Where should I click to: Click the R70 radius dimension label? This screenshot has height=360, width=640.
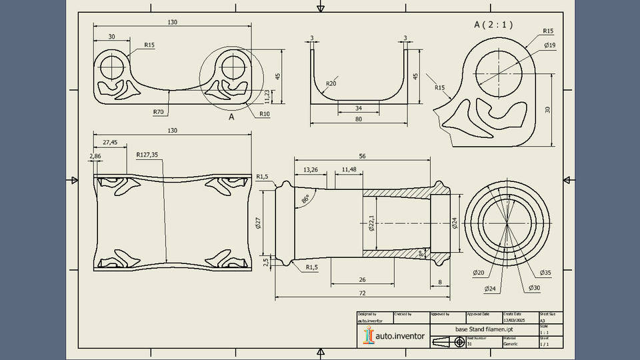point(158,112)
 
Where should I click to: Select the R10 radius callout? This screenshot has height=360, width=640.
point(265,113)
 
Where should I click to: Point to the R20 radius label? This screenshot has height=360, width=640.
point(331,84)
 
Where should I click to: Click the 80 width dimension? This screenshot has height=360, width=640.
point(359,119)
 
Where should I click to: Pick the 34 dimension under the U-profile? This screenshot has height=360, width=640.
point(359,107)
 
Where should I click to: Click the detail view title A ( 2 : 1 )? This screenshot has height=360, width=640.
point(493,25)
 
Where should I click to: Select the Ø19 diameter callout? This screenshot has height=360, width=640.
point(550,45)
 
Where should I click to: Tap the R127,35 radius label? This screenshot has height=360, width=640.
point(147,155)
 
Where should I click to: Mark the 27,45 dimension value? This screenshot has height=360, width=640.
point(110,142)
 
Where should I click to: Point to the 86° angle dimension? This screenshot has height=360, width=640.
point(305,199)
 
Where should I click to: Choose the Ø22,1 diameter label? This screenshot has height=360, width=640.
point(371,223)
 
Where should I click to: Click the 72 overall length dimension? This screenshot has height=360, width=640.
point(362,293)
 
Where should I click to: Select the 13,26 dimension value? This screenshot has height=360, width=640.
point(311,169)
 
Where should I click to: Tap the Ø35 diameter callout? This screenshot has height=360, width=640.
point(545,273)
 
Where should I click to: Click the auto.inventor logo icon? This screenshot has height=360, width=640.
point(367,335)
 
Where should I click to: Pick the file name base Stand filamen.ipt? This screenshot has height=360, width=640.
point(483,330)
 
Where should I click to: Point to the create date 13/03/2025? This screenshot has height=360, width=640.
point(515,319)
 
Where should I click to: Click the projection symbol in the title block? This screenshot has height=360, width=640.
point(447,341)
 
